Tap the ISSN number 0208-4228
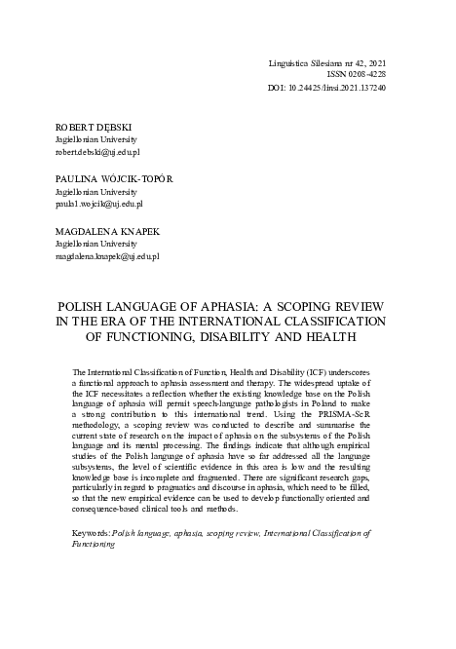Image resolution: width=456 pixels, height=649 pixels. (x=363, y=74)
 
